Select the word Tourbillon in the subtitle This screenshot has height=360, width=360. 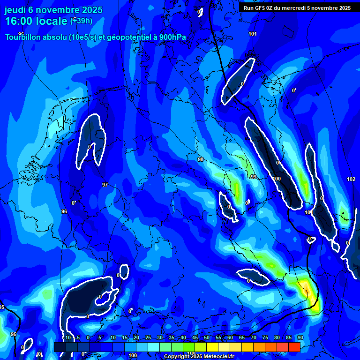26,37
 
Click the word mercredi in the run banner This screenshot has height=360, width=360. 300,8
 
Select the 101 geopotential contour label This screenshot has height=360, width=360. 253,34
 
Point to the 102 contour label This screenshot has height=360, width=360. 351,180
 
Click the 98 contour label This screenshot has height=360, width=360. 201,160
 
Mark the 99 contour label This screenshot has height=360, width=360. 254,177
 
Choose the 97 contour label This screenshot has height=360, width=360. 105,185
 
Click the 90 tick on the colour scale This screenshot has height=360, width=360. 300,337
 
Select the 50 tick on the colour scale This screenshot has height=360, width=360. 207,337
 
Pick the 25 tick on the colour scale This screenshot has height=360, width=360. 148,337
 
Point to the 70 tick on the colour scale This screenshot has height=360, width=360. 254,337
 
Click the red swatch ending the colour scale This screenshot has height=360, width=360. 294,347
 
